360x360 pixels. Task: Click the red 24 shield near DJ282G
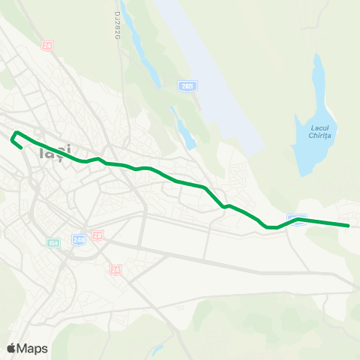(x=48, y=46)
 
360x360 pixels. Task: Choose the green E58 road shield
(x=52, y=242)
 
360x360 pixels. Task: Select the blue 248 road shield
(x=79, y=239)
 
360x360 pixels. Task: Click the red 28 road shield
(x=98, y=235)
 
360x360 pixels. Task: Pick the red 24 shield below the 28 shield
(x=115, y=268)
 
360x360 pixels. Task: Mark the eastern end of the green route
(x=349, y=225)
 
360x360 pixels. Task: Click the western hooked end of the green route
(x=19, y=148)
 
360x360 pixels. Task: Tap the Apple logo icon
(x=11, y=348)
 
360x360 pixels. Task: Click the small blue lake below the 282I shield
(x=184, y=127)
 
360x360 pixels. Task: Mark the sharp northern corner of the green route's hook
(x=16, y=133)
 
